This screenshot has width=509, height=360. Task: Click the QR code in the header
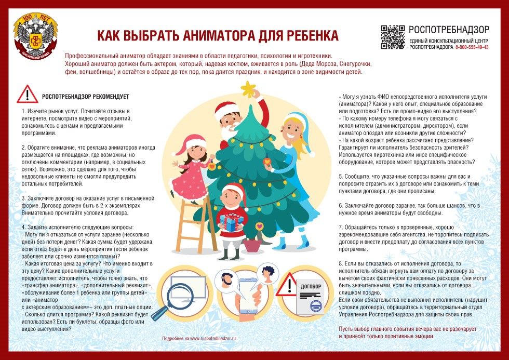[x=393, y=36]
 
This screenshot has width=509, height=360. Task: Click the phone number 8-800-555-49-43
[x=472, y=47]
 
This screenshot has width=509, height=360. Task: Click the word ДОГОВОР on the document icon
[x=311, y=286]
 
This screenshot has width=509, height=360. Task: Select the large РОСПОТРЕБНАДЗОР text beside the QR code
[x=449, y=30]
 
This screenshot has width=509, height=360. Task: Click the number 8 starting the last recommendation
[x=340, y=264]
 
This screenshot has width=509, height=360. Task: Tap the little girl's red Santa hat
[x=193, y=141]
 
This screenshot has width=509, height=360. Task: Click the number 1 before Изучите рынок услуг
[x=23, y=112]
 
